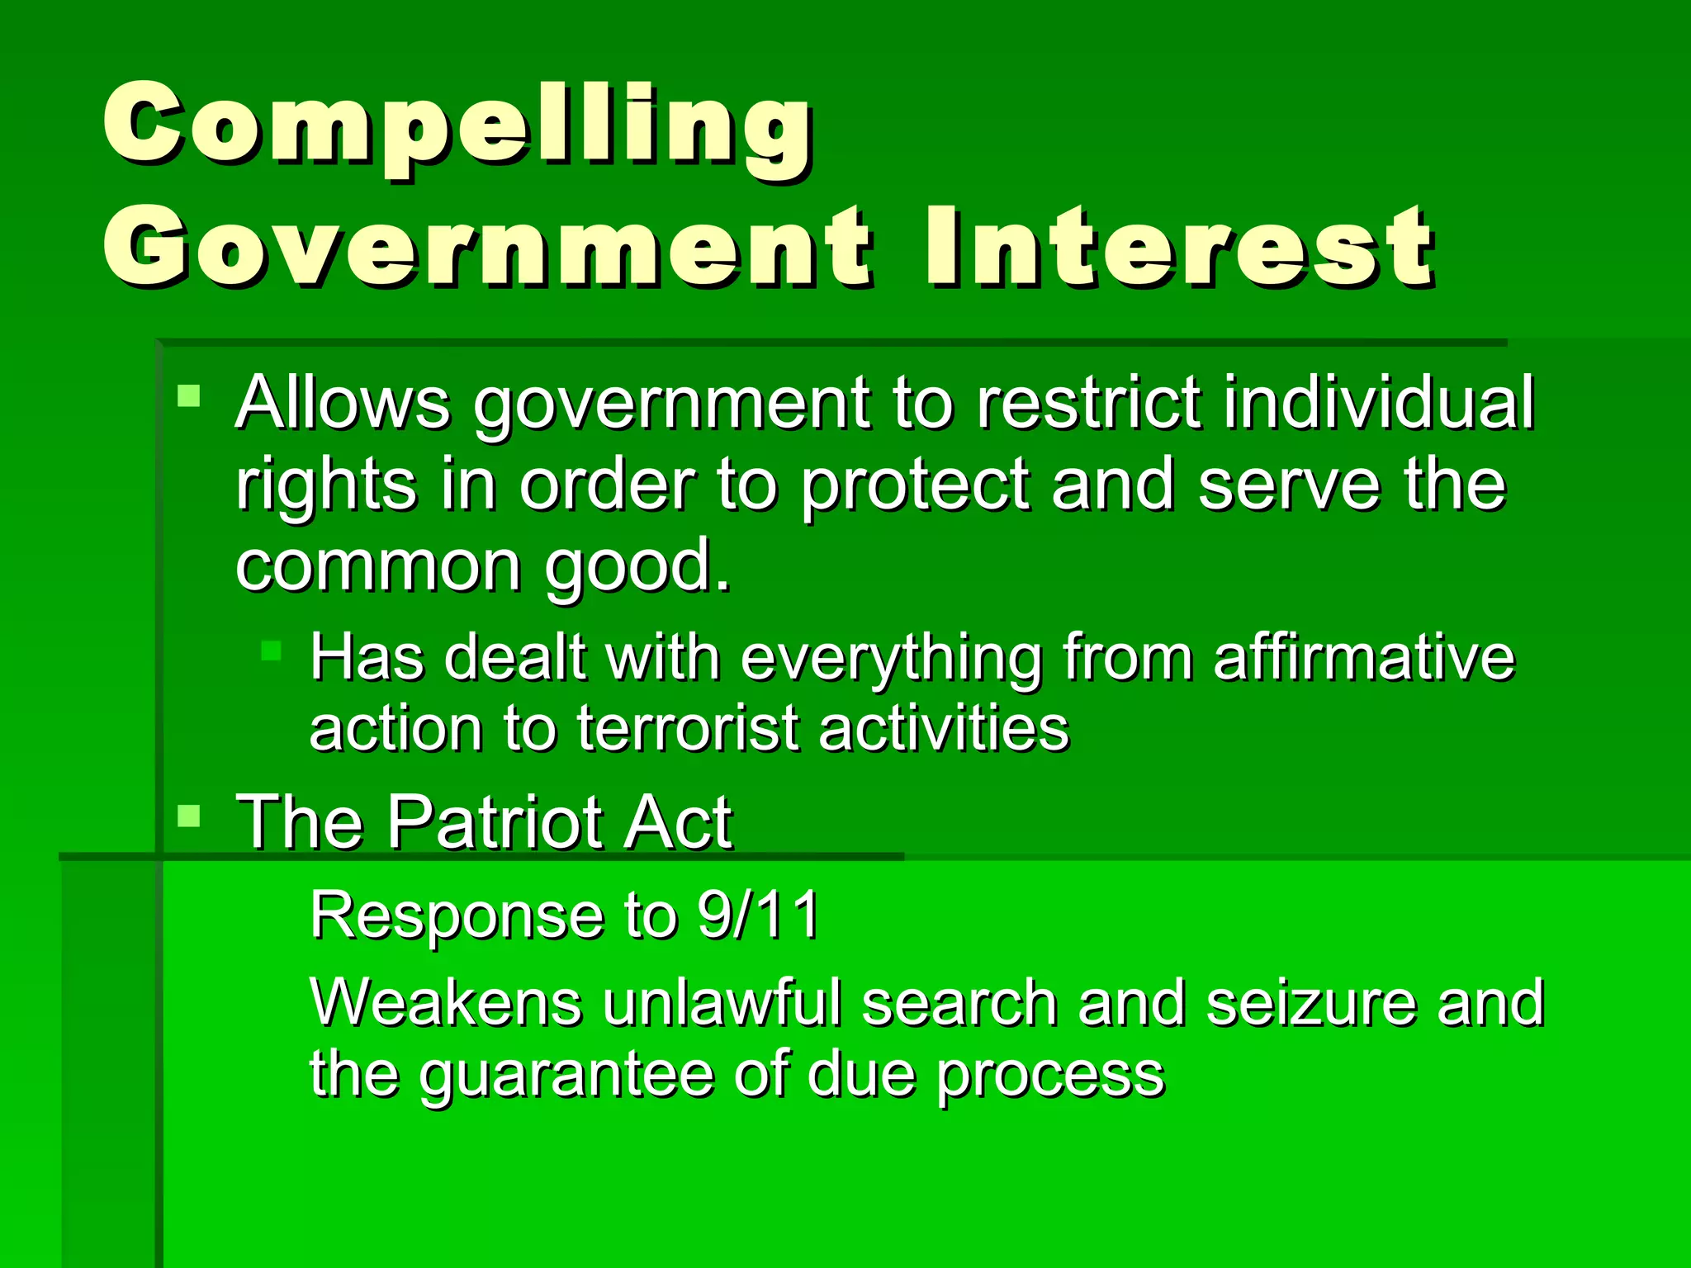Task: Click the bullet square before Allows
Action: click(189, 395)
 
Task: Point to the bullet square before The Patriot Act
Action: click(189, 816)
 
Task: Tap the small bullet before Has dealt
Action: click(271, 651)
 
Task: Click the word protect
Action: click(916, 486)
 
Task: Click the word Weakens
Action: click(447, 1003)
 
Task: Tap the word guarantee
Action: click(566, 1075)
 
